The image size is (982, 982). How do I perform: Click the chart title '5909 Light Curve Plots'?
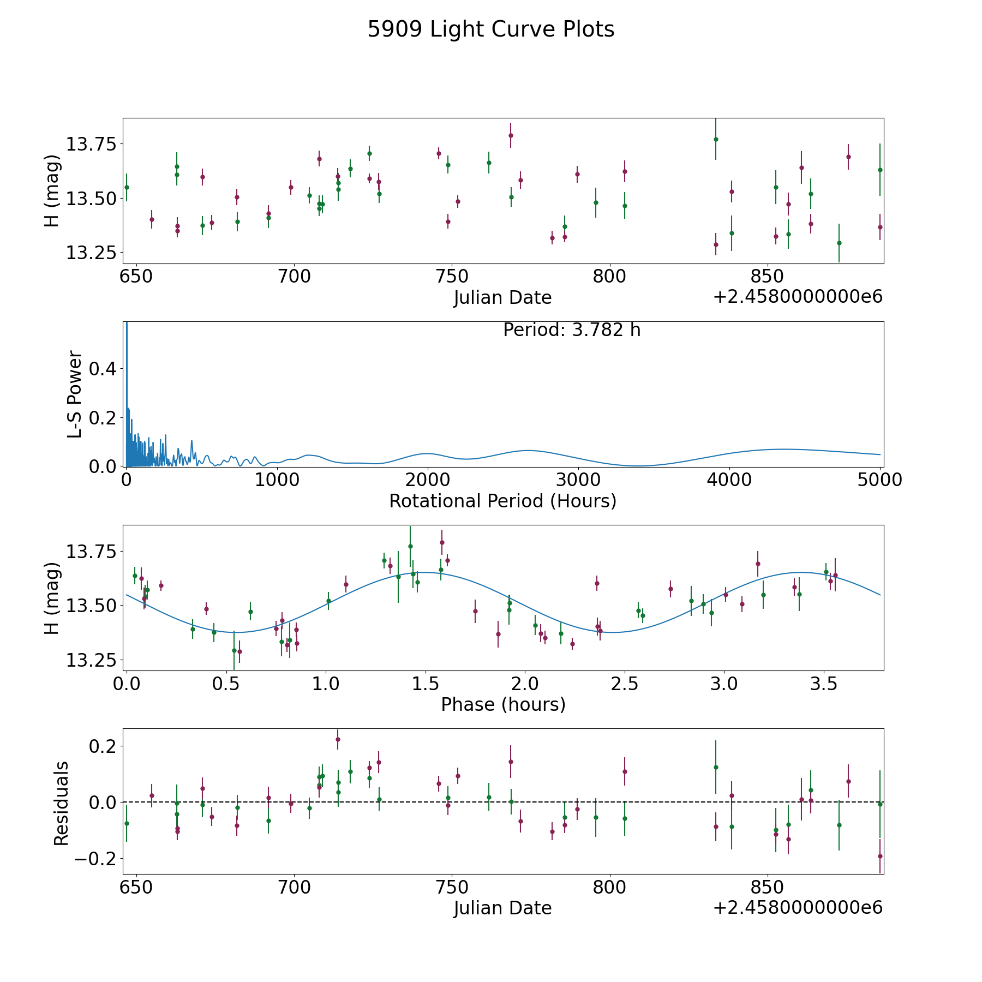point(490,29)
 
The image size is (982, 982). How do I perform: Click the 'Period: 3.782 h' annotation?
point(571,330)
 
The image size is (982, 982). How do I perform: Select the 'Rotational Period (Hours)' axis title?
point(502,501)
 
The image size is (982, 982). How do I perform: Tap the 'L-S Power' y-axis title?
point(75,394)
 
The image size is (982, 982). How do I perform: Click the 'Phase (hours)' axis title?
point(503,704)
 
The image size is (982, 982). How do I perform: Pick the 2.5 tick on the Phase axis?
point(624,684)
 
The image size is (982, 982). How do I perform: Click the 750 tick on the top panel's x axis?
point(452,277)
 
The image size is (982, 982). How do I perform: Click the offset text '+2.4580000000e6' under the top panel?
point(798,297)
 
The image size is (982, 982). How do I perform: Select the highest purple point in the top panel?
point(511,135)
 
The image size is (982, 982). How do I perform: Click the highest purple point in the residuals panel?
point(338,739)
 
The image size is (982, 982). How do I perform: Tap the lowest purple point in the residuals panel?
point(880,856)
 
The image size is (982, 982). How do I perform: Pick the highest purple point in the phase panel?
point(442,542)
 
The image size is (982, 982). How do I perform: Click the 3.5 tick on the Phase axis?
point(823,684)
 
